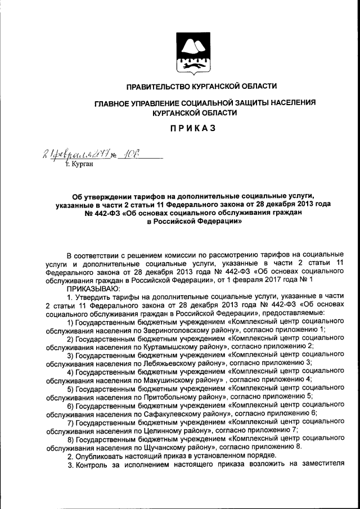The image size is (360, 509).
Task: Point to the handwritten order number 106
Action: click(135, 154)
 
